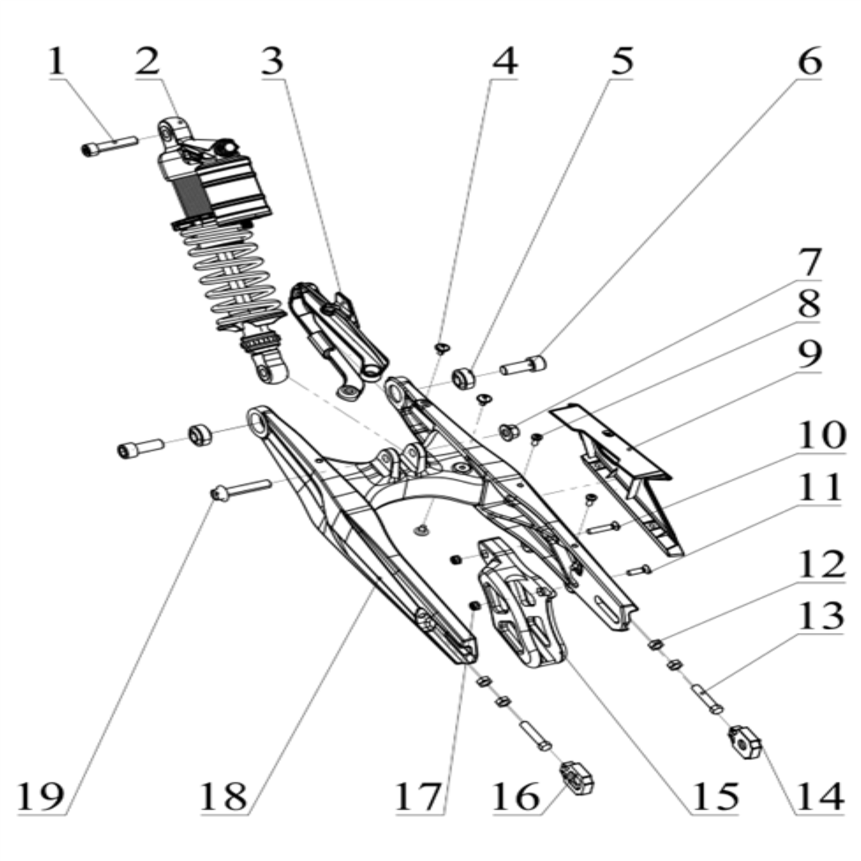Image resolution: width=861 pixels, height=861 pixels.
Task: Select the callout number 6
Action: pos(809,63)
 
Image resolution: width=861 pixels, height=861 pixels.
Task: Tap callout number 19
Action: pos(41,796)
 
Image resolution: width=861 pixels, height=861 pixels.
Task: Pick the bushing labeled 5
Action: pos(464,376)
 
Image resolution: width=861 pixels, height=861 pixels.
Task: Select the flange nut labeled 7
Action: pos(509,433)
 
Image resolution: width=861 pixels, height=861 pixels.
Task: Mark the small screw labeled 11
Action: pos(639,571)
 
